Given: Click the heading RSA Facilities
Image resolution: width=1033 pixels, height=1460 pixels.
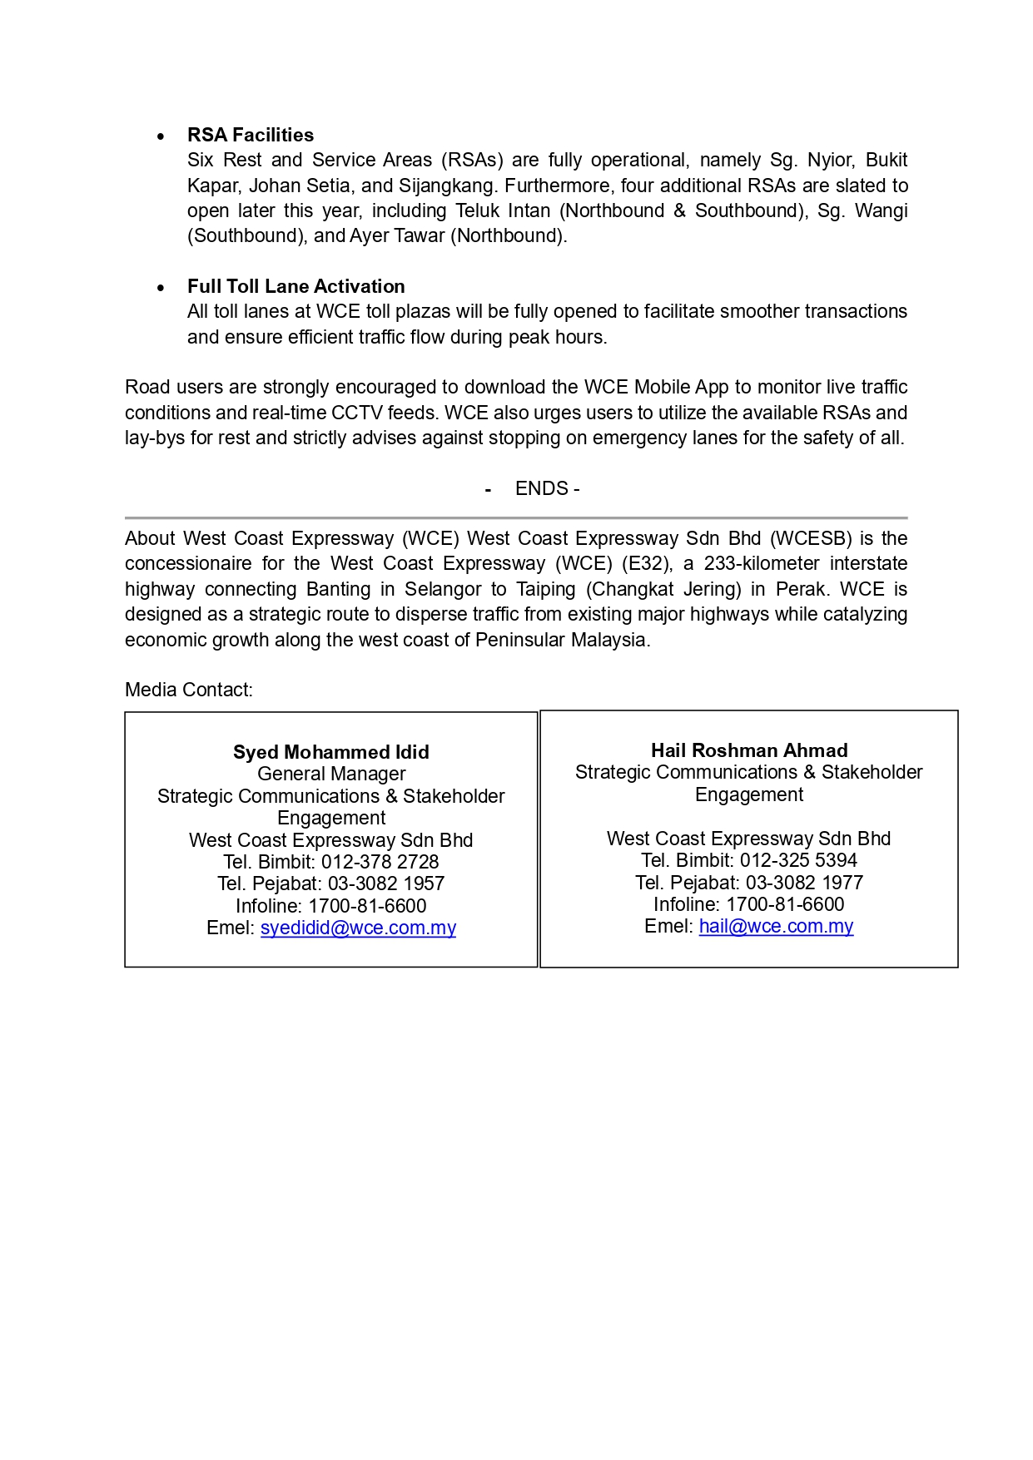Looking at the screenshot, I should [x=251, y=135].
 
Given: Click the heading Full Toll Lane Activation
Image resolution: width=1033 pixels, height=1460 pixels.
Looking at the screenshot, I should [x=295, y=286].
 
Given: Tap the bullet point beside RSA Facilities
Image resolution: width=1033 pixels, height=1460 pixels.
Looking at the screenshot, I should [x=161, y=136].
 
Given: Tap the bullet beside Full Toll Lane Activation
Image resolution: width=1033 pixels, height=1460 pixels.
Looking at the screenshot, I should [x=161, y=288].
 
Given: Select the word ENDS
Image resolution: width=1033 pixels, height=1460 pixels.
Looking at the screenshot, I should [x=541, y=488].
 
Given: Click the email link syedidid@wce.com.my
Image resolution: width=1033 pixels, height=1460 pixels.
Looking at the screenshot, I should [x=358, y=928].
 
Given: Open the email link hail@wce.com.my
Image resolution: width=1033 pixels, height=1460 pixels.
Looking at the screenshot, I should [x=776, y=926].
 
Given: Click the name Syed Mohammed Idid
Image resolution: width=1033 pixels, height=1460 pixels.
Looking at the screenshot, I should [x=331, y=752].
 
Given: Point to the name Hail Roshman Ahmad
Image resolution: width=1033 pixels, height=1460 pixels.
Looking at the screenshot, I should [x=749, y=750].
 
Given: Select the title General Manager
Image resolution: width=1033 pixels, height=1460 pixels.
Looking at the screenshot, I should [x=331, y=774].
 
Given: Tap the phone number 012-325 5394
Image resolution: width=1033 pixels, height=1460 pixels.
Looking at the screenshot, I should [x=798, y=860].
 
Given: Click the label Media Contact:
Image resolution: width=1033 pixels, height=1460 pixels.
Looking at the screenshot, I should [x=189, y=690].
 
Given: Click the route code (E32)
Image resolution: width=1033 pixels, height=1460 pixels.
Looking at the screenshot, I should [x=647, y=563].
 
